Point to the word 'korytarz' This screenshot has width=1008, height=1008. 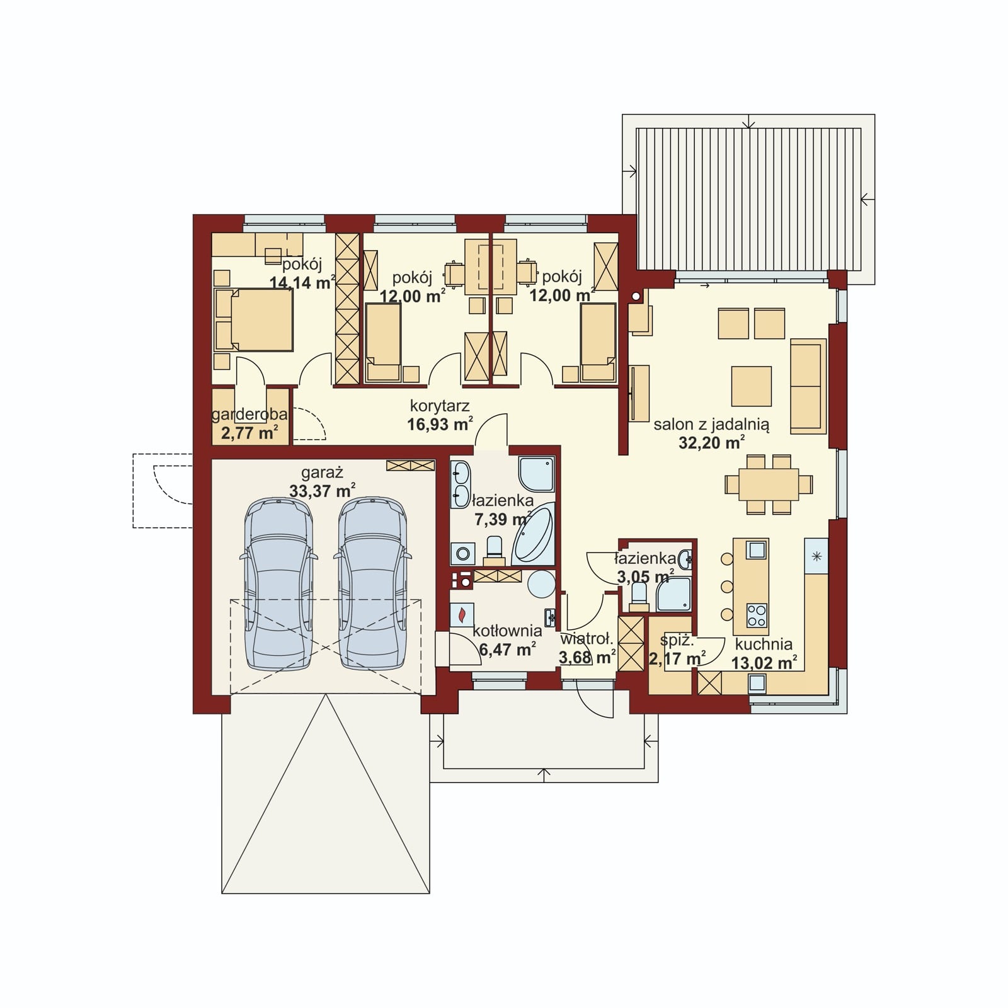(440, 406)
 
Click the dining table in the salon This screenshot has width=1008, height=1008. (768, 484)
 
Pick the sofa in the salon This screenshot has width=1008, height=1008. (808, 386)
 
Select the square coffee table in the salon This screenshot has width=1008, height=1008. (752, 386)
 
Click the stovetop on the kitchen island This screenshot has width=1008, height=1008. (757, 615)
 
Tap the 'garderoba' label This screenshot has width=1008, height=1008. (249, 415)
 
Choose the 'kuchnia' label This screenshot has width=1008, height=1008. (764, 644)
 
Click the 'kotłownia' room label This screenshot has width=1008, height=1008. (507, 631)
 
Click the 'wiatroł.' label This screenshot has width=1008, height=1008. (587, 639)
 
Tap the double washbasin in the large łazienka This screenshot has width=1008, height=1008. (461, 484)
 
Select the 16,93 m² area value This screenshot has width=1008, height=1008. (440, 424)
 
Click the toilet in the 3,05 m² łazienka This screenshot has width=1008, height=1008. (639, 596)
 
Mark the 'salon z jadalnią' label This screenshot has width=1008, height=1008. (711, 425)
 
